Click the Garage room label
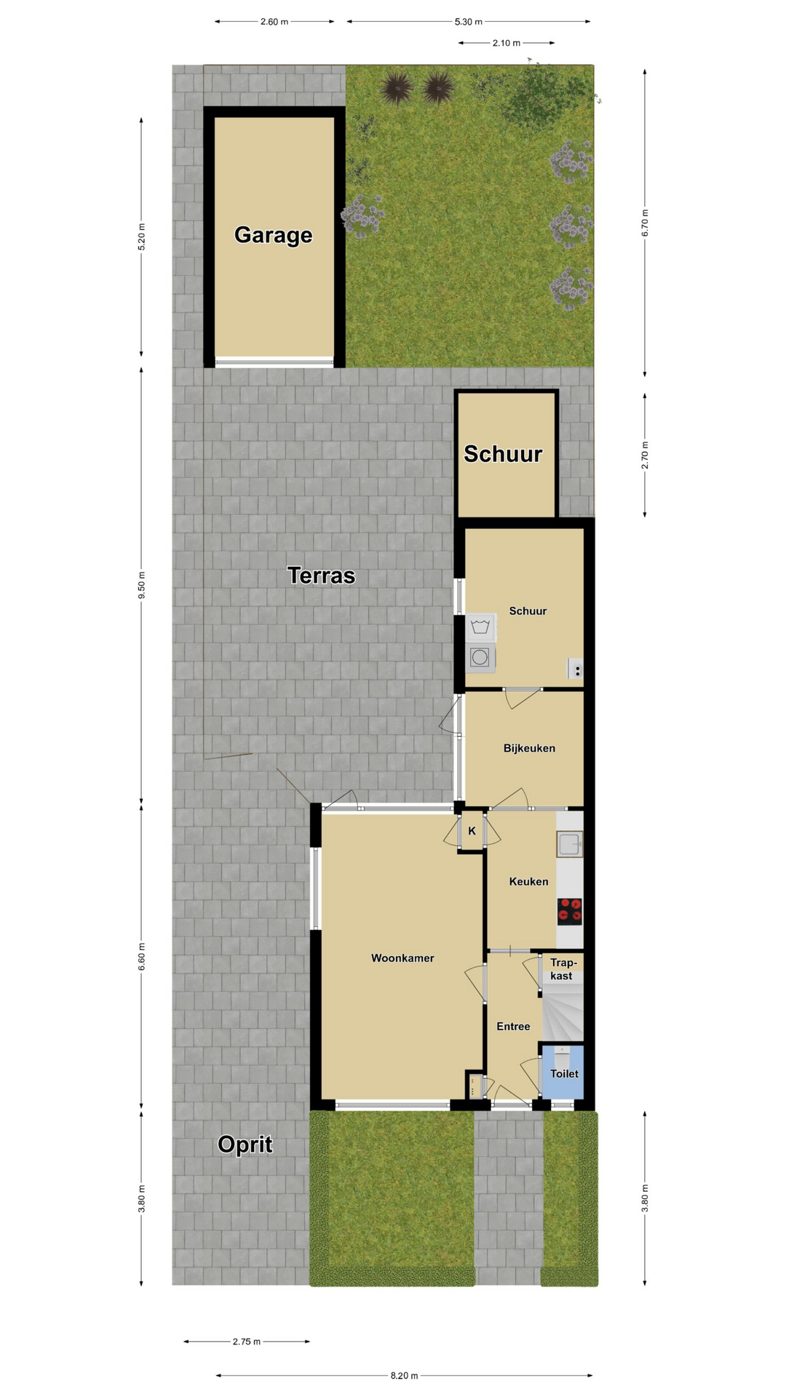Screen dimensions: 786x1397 [x=273, y=235]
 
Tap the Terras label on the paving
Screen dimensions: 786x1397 [x=322, y=576]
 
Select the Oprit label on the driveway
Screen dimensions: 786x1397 [x=245, y=1145]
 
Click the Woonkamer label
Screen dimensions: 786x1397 [x=402, y=958]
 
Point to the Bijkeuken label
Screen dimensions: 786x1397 [x=529, y=748]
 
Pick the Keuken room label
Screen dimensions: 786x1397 [x=528, y=882]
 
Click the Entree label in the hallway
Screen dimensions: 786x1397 [x=513, y=1027]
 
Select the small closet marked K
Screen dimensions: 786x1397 [x=472, y=831]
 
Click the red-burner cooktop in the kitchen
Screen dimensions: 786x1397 [x=570, y=912]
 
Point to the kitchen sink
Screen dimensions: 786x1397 [x=570, y=845]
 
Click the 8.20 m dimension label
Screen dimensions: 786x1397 [x=404, y=1375]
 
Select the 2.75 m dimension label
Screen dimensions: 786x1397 [x=247, y=1341]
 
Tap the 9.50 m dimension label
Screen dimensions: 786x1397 [x=142, y=586]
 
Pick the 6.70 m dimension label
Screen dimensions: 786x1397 [x=645, y=223]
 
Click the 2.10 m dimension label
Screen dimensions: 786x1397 [x=507, y=43]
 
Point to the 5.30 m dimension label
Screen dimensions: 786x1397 [x=469, y=22]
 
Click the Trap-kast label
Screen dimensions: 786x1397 [x=561, y=969]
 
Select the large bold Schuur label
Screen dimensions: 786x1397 [x=503, y=454]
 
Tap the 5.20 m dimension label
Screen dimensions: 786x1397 [x=142, y=237]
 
